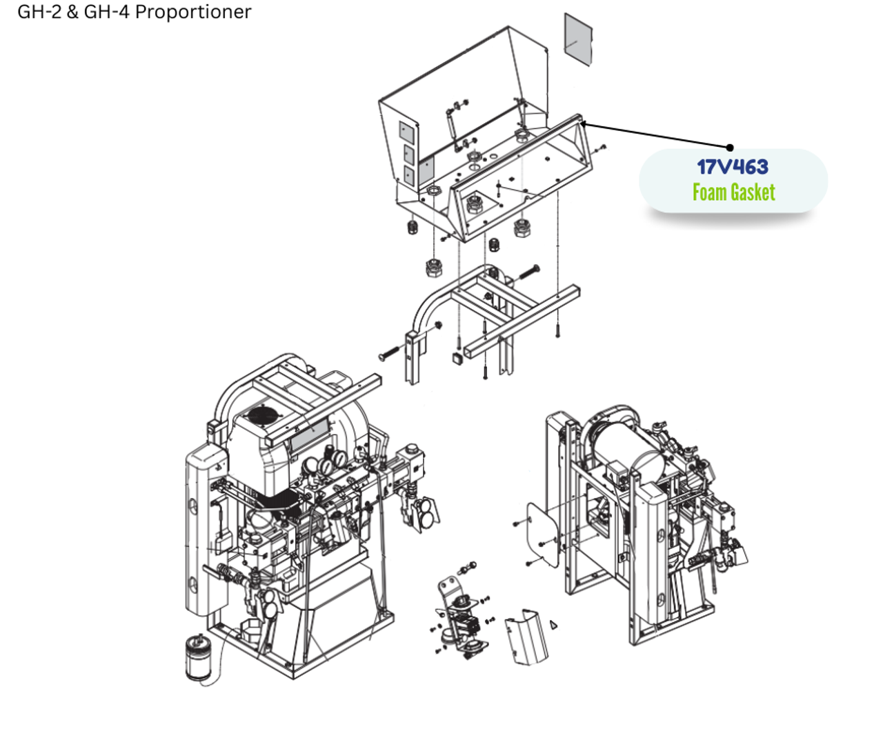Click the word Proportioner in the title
point(193,12)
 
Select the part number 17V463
point(732,167)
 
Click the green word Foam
point(709,192)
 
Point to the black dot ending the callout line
point(731,148)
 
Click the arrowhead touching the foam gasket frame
point(584,124)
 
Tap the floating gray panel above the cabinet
point(578,39)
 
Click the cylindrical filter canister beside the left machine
point(200,659)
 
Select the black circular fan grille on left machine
point(262,416)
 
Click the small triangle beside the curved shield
point(553,625)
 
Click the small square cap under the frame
point(456,357)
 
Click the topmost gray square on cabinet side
point(408,132)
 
